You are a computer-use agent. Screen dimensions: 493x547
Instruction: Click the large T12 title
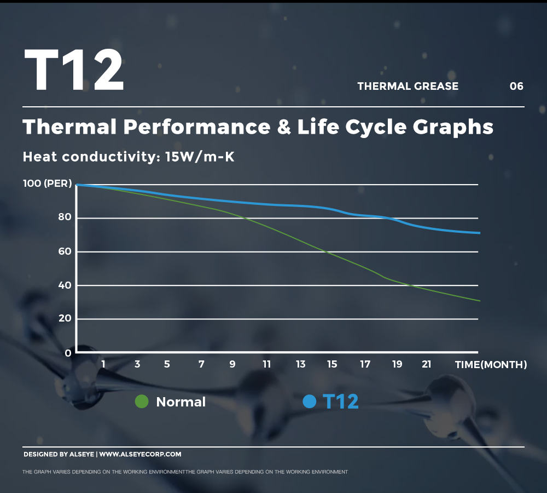click(x=74, y=70)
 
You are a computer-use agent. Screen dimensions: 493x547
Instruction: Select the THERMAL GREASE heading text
click(x=408, y=86)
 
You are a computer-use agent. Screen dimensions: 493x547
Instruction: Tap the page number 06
click(x=516, y=86)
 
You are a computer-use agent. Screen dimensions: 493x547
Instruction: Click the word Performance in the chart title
click(x=196, y=127)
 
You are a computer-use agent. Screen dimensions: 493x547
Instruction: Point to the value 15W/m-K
click(x=200, y=157)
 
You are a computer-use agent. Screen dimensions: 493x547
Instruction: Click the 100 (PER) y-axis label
click(x=48, y=184)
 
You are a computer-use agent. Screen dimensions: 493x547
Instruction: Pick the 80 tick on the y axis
click(x=65, y=217)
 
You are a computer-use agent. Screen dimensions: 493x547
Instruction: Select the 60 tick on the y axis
click(x=65, y=251)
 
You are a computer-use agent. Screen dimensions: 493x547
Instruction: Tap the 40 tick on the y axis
click(x=65, y=285)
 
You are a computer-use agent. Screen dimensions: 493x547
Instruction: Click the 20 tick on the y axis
click(x=65, y=318)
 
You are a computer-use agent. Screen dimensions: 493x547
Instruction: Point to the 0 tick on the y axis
click(x=68, y=353)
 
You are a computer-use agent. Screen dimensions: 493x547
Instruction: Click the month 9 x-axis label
click(x=232, y=364)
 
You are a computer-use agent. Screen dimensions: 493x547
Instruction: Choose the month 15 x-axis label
click(x=332, y=364)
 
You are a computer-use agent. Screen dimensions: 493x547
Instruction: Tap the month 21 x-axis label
click(x=427, y=364)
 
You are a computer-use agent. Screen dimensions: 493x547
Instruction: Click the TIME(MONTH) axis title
click(x=491, y=365)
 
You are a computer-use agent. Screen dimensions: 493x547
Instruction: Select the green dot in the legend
click(x=142, y=402)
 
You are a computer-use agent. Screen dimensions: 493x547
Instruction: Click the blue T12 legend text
click(x=341, y=402)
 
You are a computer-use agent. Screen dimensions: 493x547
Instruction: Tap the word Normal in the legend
click(x=181, y=402)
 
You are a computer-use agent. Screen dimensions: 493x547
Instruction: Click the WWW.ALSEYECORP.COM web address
click(x=140, y=454)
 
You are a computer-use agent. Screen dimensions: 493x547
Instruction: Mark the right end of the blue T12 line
click(x=479, y=233)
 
